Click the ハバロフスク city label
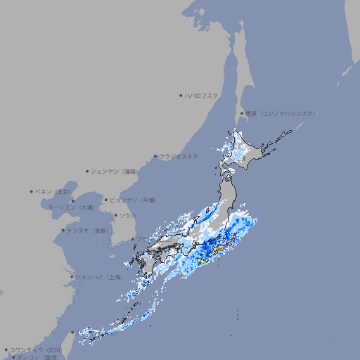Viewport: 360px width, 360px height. [x=202, y=96]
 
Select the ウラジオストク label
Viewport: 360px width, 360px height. [x=179, y=156]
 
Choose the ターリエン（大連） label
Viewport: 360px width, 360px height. [x=70, y=207]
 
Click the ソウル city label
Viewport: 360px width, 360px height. [x=127, y=215]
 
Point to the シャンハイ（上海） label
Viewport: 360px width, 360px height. [x=98, y=277]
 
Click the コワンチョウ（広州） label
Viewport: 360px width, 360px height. [x=36, y=349]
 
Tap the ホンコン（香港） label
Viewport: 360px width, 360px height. [x=37, y=357]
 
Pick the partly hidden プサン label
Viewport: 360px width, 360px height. [x=141, y=240]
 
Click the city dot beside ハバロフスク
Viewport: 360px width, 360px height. [x=181, y=96]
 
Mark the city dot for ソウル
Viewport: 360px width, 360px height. [x=115, y=215]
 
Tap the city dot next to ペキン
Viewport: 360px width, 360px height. [x=32, y=191]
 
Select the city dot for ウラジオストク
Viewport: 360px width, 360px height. [x=155, y=156]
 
